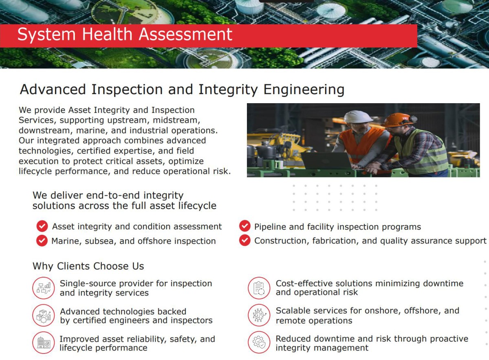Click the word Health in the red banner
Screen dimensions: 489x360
(108, 34)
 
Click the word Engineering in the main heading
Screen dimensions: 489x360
(304, 90)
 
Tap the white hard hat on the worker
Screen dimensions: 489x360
(357, 117)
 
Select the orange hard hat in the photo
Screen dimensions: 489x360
(399, 120)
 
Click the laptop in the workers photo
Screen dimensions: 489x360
(326, 161)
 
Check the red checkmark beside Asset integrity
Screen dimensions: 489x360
(42, 226)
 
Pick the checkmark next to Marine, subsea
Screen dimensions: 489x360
(42, 241)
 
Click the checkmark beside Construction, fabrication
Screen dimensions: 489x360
(245, 240)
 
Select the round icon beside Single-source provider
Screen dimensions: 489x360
(44, 288)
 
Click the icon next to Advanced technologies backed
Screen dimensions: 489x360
(44, 315)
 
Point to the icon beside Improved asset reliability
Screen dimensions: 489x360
(44, 342)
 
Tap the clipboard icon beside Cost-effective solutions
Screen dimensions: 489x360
(259, 288)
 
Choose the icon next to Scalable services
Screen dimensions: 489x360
(259, 315)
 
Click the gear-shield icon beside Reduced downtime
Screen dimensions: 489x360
(259, 342)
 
